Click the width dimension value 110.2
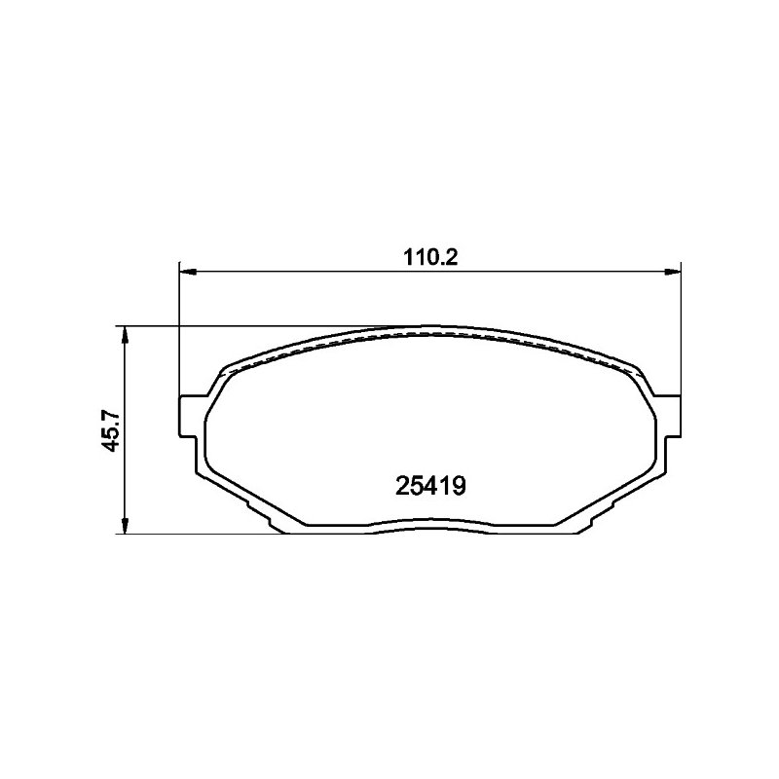[430, 258]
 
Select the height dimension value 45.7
[111, 430]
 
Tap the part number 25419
[430, 486]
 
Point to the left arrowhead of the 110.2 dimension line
[188, 272]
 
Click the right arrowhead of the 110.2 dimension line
[671, 272]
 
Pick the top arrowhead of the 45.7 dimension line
[126, 336]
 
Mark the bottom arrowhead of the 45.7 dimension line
[126, 524]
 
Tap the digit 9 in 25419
[459, 486]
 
